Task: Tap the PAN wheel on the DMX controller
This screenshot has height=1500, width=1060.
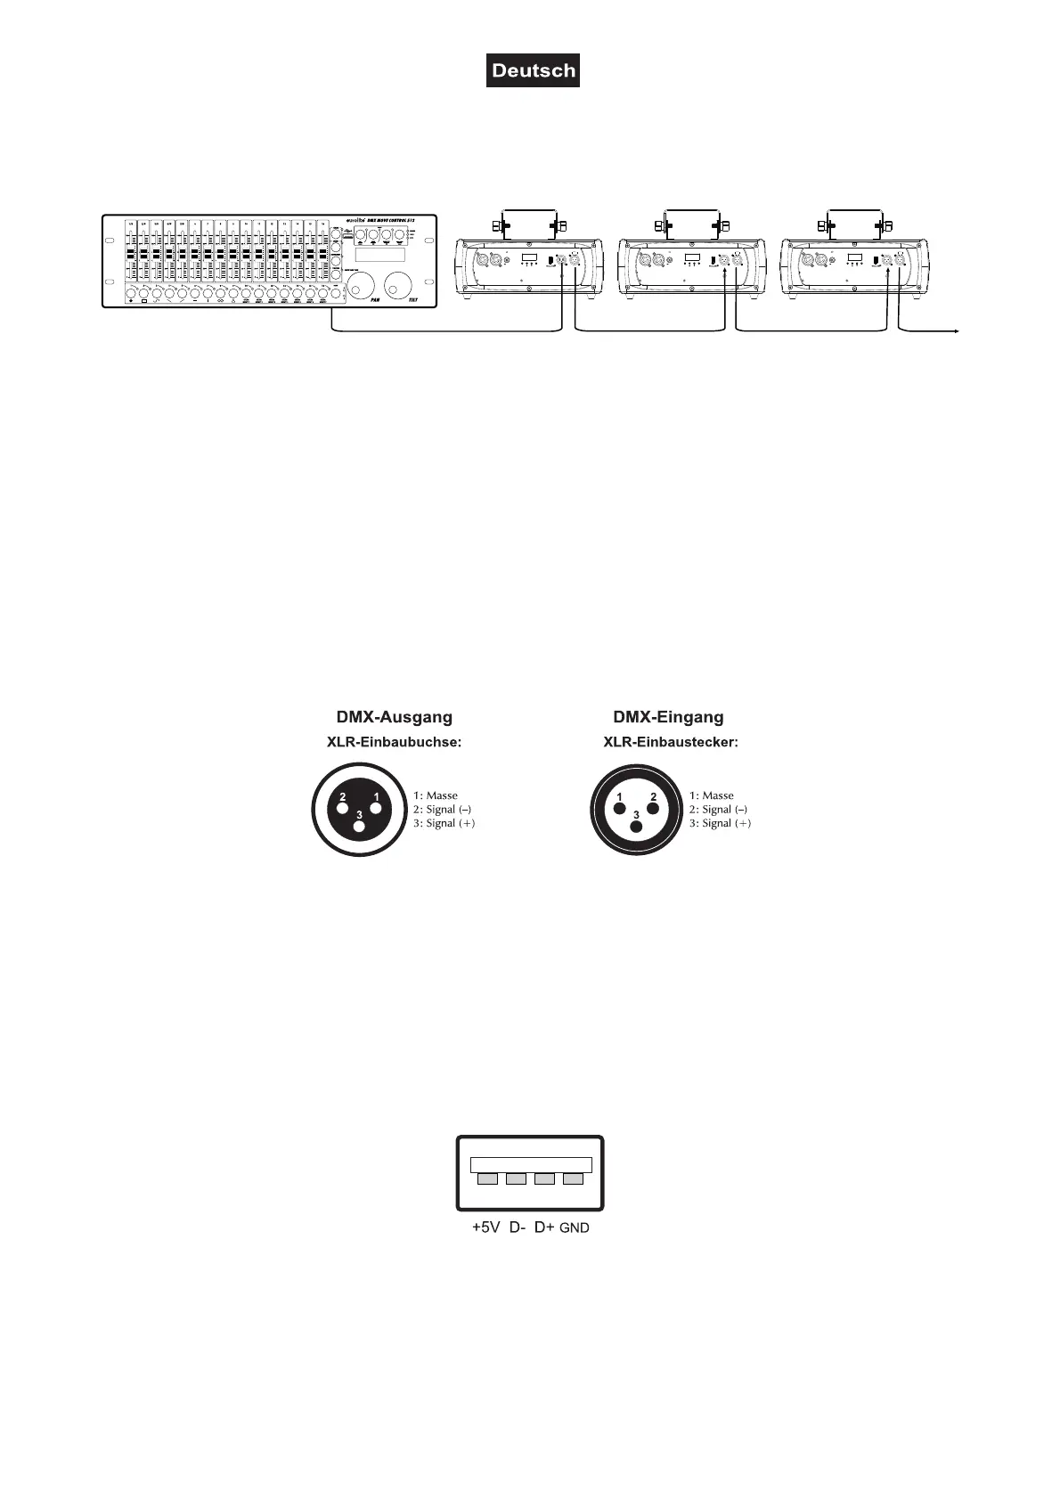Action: coord(362,288)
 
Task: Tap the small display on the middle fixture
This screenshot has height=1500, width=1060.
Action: coord(691,259)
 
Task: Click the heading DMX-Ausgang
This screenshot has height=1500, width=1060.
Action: coord(394,717)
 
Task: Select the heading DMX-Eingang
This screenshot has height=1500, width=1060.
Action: coord(668,717)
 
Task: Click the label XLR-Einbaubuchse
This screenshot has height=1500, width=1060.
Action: coord(395,742)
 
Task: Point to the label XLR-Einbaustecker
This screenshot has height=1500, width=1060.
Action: coord(671,742)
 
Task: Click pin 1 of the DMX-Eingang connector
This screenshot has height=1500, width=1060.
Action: coord(620,809)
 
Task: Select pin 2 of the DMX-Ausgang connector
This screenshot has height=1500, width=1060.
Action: coord(343,809)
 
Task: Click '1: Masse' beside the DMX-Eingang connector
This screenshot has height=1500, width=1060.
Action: coord(711,795)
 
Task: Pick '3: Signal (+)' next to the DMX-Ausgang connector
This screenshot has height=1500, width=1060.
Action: coord(444,824)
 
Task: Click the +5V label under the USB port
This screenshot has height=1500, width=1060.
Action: coord(486,1227)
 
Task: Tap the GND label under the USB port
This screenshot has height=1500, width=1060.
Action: coord(575,1228)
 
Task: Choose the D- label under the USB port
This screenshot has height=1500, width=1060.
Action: coord(517,1227)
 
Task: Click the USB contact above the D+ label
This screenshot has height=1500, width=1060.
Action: coord(544,1179)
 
